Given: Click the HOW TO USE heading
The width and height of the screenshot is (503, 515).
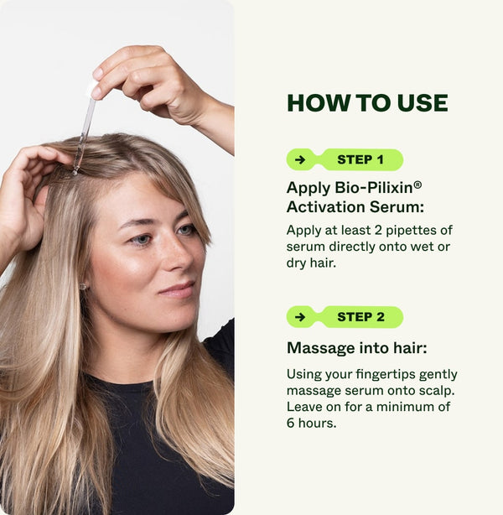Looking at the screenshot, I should [x=367, y=102].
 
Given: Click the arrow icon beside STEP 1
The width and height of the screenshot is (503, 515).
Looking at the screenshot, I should [x=300, y=159].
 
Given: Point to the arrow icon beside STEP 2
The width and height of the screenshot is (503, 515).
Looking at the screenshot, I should [x=300, y=317].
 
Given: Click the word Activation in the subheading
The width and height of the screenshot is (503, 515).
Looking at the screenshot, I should [x=323, y=206].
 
